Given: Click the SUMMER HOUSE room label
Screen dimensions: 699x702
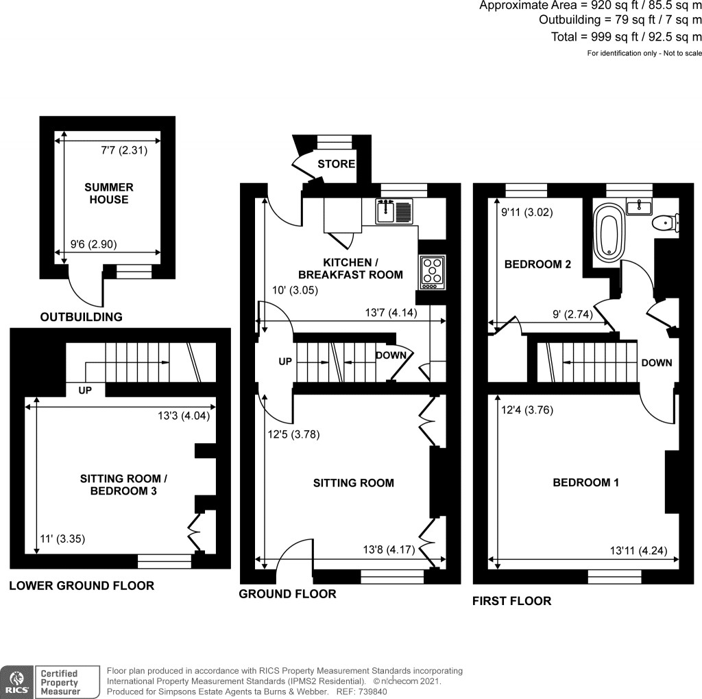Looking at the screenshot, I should pos(109,193).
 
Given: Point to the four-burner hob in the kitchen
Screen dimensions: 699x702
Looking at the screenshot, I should pos(432,271).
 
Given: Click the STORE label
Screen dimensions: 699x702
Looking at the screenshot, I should pos(336,164).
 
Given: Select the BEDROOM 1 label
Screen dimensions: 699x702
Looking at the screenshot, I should pos(585,483).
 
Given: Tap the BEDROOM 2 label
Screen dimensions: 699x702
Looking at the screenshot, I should pos(537,264).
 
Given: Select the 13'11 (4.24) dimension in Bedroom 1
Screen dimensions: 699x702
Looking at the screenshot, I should pos(638,550).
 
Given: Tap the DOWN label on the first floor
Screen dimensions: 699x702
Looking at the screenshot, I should pos(656,363).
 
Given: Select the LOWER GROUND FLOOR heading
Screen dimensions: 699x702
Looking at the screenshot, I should pos(81,586).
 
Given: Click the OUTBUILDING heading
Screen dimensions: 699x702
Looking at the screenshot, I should pos(81,318).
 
